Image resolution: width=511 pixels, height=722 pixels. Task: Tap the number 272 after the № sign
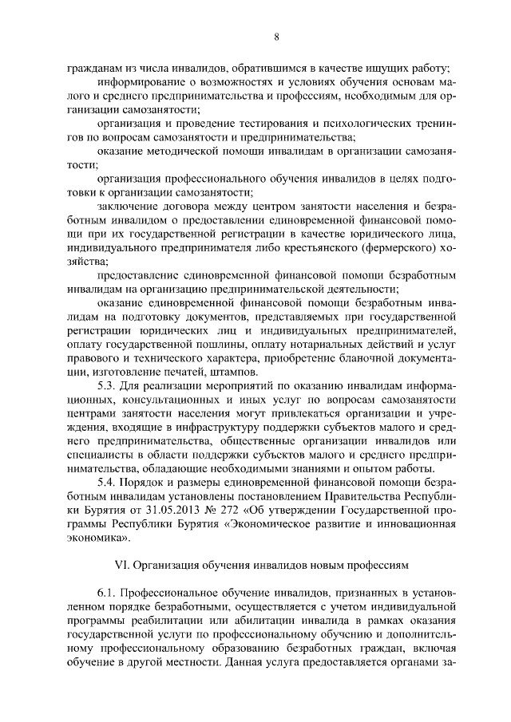pyautogui.click(x=225, y=510)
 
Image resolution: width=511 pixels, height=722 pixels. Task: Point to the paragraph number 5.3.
pyautogui.click(x=105, y=385)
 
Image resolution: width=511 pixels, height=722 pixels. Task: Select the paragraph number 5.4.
pyautogui.click(x=105, y=481)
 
